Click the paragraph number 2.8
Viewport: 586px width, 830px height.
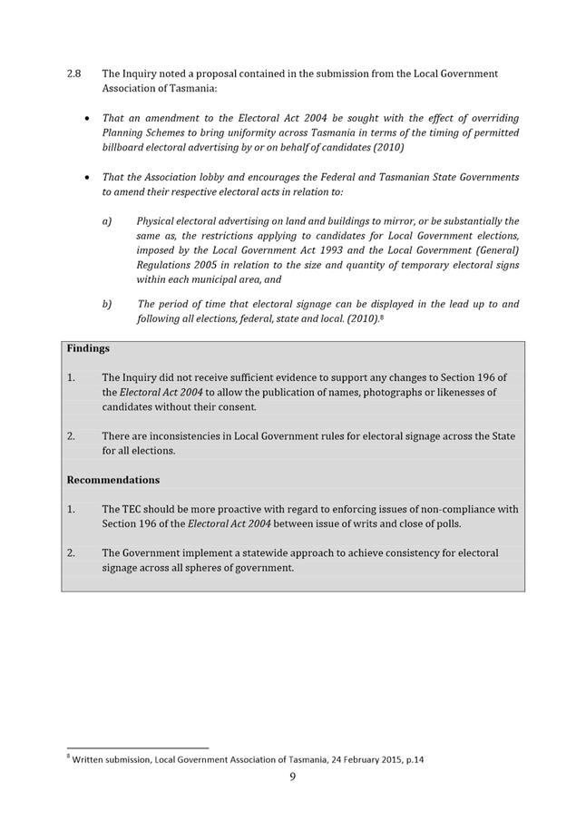click(x=74, y=73)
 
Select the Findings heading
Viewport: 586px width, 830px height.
click(x=87, y=348)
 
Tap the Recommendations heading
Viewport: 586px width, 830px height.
click(x=112, y=480)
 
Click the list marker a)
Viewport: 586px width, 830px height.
click(x=107, y=221)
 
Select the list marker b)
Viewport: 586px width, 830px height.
click(x=107, y=305)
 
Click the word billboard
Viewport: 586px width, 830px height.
click(x=124, y=147)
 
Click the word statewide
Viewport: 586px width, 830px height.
click(x=271, y=552)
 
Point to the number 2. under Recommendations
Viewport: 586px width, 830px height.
click(x=72, y=552)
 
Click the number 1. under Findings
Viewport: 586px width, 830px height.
click(x=72, y=377)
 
